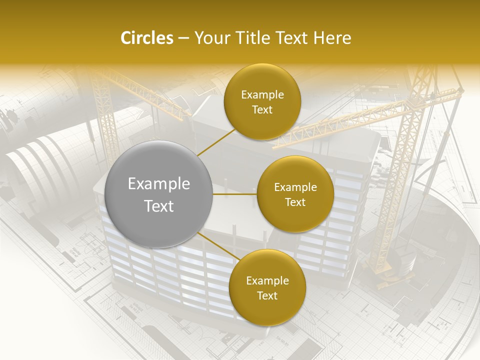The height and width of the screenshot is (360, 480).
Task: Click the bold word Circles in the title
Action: (x=146, y=38)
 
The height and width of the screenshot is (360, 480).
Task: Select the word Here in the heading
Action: (x=332, y=38)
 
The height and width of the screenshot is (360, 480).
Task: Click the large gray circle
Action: (x=159, y=194)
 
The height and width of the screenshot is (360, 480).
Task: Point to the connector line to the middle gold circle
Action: (x=235, y=194)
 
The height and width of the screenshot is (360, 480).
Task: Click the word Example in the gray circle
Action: (x=159, y=184)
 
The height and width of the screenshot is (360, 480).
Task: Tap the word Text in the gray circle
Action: (x=159, y=206)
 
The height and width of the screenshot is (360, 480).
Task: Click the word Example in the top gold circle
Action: (x=262, y=95)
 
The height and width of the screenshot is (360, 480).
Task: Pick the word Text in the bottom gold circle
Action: (x=267, y=295)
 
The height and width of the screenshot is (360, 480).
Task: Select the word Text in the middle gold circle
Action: (x=295, y=202)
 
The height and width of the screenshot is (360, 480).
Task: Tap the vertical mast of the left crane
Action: (x=102, y=115)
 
